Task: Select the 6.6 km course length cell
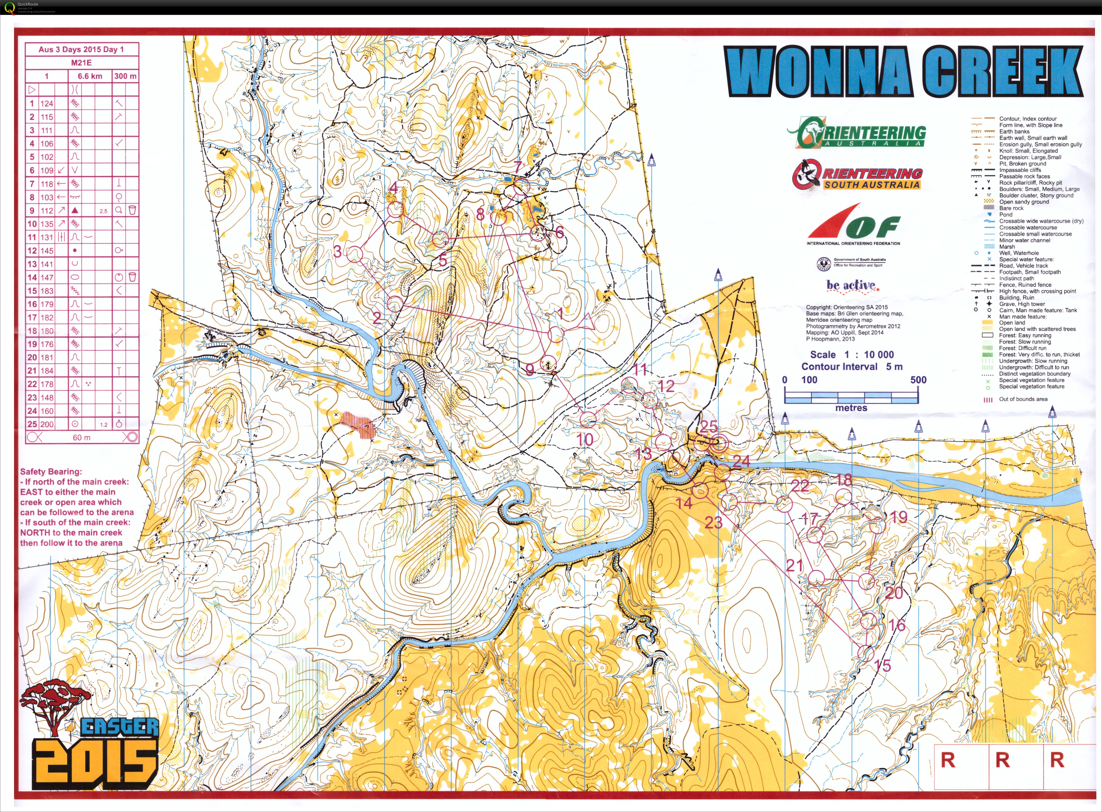(90, 76)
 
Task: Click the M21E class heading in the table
(82, 63)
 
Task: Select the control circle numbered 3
(354, 254)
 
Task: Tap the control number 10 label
(585, 440)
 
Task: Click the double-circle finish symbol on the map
(719, 443)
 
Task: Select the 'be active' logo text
(851, 285)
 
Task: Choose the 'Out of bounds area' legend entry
(1023, 399)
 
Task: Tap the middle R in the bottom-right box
(1002, 760)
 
